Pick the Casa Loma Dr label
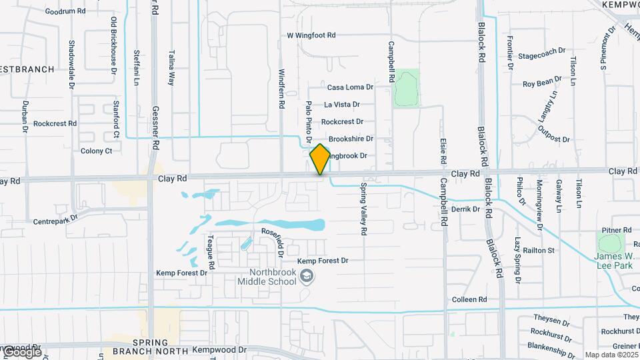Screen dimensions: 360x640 point(350,87)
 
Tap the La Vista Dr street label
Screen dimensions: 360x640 point(342,105)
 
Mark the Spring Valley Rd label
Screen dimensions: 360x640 point(364,209)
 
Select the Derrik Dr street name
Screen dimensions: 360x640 point(465,209)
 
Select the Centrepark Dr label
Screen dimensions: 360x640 point(55,217)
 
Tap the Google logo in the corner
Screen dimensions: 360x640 point(21,351)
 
